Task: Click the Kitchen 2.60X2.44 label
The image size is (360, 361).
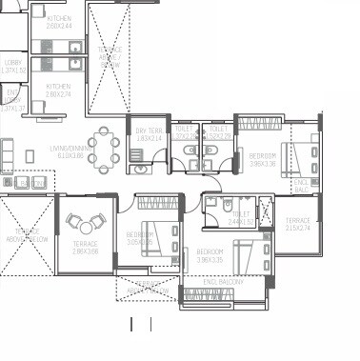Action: [59, 23]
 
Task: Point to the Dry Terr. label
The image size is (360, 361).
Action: [149, 135]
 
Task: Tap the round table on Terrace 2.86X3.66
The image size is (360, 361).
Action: [87, 226]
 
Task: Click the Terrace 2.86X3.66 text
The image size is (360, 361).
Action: [85, 248]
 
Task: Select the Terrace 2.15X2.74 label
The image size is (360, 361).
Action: [297, 225]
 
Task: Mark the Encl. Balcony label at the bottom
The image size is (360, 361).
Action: [224, 283]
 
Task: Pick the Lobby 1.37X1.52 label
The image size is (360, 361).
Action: [11, 67]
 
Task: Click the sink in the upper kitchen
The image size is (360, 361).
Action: [73, 45]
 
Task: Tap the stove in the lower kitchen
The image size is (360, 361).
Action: [74, 65]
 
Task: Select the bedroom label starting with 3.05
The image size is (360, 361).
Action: [140, 238]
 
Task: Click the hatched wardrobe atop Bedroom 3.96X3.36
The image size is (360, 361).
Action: [261, 124]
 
